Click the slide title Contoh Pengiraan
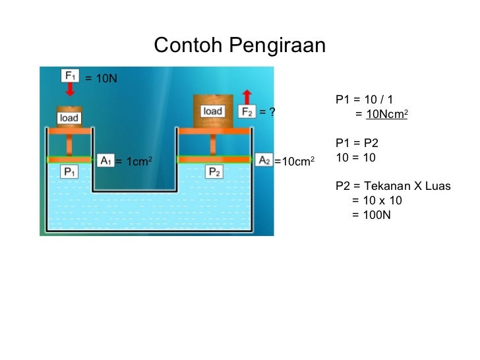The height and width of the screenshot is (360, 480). click(x=239, y=45)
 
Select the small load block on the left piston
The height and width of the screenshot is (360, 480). click(x=69, y=117)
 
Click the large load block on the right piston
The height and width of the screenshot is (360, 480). click(x=212, y=110)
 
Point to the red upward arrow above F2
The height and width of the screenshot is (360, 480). click(x=247, y=94)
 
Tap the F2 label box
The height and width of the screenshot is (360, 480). click(x=247, y=111)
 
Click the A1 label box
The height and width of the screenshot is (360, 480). click(x=105, y=160)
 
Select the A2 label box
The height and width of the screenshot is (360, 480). click(x=264, y=160)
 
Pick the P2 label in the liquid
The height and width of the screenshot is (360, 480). click(x=214, y=172)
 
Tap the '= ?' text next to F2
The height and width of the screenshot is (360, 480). click(x=266, y=112)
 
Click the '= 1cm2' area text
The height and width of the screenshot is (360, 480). click(x=134, y=161)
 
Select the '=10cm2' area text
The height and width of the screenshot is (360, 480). click(x=294, y=161)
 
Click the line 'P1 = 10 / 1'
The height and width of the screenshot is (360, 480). click(x=364, y=100)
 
